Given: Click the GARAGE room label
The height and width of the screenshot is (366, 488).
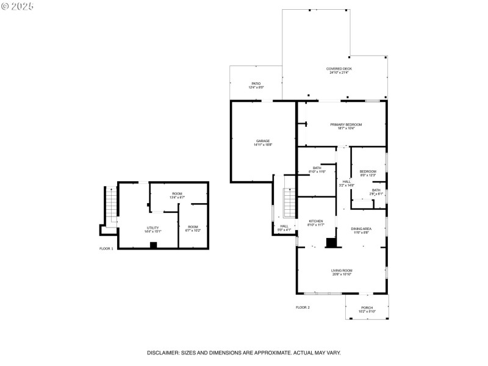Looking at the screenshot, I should click(x=262, y=141).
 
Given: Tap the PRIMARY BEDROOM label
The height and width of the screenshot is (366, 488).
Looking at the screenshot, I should click(x=342, y=124).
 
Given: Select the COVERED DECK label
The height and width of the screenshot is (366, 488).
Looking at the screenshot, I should click(x=339, y=69).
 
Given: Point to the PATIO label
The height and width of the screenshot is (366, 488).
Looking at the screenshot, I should click(x=256, y=84).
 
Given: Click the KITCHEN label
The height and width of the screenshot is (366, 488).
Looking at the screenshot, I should click(x=315, y=221).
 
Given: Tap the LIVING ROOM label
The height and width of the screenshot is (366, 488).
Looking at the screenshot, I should click(x=342, y=270).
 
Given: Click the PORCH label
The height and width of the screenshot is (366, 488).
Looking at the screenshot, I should click(x=367, y=307).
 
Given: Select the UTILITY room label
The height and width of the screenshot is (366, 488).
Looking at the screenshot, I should click(x=152, y=228).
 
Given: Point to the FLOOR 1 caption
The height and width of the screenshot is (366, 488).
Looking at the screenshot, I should click(x=106, y=248).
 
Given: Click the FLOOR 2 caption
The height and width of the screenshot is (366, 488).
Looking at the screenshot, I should click(x=303, y=307).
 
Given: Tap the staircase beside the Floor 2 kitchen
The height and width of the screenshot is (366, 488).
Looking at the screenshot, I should click(x=290, y=203).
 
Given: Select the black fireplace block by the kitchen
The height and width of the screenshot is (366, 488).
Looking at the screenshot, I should click(x=331, y=242).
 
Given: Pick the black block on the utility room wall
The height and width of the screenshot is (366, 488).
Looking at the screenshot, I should click(x=154, y=245).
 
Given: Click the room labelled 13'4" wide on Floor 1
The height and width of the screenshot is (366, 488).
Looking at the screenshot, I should click(x=177, y=195).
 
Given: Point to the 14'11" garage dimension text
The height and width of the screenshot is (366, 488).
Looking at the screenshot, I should click(x=262, y=145).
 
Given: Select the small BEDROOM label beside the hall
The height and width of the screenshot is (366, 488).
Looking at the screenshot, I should click(x=368, y=171).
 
